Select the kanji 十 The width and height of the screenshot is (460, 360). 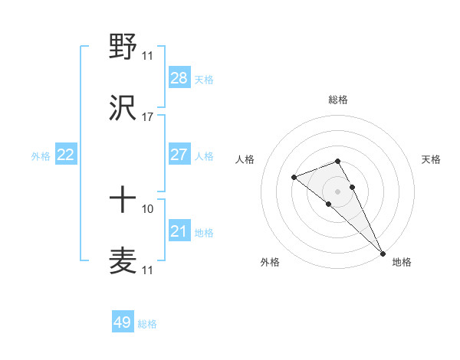[x=123, y=200]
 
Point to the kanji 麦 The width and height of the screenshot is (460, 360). [x=123, y=260]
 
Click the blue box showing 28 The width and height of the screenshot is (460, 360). [x=179, y=77]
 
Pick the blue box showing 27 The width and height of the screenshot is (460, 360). [x=179, y=155]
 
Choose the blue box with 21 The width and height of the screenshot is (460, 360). [x=179, y=231]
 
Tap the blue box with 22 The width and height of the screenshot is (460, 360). [x=66, y=155]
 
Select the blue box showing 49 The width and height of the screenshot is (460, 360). [x=123, y=322]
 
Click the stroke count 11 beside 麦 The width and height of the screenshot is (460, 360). [x=147, y=270]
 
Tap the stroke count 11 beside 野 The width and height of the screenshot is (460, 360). [x=147, y=56]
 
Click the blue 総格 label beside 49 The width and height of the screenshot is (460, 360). [x=147, y=324]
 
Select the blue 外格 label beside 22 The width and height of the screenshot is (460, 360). [x=41, y=156]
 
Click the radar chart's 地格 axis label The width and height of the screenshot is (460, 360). [x=402, y=262]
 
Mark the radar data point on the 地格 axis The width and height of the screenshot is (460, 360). [x=382, y=252]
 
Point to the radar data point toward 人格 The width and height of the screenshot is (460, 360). [x=294, y=178]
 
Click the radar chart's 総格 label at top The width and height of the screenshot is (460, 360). [x=337, y=100]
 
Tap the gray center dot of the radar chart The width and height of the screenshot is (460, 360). [x=337, y=191]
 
